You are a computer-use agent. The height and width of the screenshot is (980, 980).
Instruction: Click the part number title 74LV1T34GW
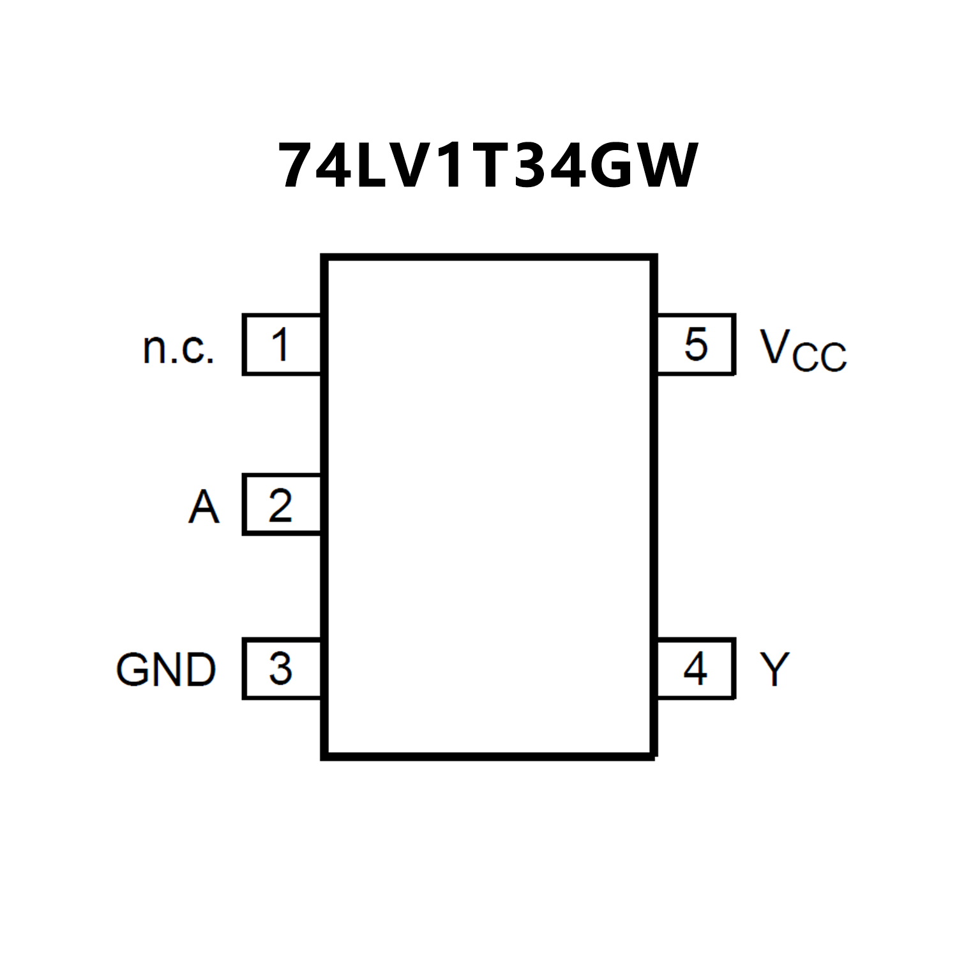(x=488, y=166)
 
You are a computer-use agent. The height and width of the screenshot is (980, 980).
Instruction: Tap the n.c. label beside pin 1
(x=178, y=348)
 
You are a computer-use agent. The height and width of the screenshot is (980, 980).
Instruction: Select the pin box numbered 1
(x=281, y=345)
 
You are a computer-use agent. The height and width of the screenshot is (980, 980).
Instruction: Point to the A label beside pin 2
(x=204, y=507)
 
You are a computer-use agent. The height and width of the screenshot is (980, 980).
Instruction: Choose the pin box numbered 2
(x=281, y=505)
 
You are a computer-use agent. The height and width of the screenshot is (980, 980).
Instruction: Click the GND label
(x=166, y=670)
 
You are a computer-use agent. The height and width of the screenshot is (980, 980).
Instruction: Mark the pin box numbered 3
(x=281, y=669)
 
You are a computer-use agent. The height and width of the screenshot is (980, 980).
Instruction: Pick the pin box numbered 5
(x=696, y=345)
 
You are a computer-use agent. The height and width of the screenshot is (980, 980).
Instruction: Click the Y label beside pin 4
(x=774, y=669)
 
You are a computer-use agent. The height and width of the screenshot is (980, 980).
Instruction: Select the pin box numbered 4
(x=696, y=669)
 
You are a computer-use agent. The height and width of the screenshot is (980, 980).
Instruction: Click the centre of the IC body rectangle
(x=489, y=507)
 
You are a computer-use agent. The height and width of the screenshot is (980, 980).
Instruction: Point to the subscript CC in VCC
(x=820, y=358)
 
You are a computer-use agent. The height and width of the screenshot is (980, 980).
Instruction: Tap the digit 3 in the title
(x=529, y=166)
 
